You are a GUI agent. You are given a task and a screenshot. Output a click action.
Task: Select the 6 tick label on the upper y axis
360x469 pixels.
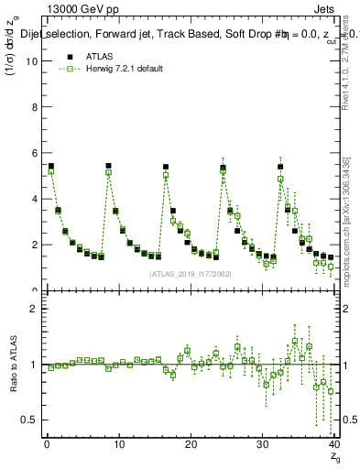34,153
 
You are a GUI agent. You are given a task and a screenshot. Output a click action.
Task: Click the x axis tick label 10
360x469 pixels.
118,444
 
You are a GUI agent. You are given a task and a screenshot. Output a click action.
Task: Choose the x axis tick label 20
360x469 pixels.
190,444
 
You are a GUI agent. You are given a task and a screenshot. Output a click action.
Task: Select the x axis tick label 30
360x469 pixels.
262,444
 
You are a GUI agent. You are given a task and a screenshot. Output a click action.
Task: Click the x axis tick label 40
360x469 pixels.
333,444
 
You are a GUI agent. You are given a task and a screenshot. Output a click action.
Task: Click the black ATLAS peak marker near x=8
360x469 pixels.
108,166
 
